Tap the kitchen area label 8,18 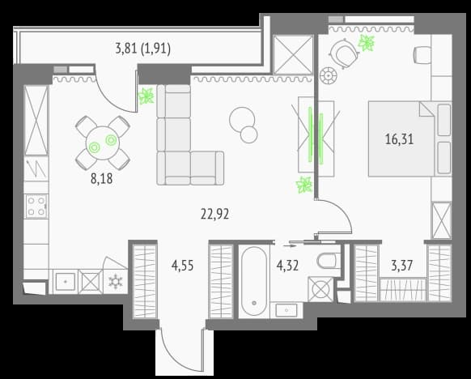(101, 178)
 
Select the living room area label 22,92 (214, 215)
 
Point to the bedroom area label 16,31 (399, 139)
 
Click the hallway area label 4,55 (182, 266)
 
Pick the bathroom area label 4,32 (287, 266)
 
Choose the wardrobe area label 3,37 (402, 266)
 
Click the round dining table (103, 143)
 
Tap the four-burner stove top (36, 206)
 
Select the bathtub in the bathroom (254, 281)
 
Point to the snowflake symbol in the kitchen (116, 282)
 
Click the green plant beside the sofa (146, 96)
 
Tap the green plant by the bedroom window (367, 43)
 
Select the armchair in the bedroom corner (344, 54)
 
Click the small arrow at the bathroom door (290, 245)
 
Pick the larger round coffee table (242, 120)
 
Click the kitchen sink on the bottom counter (66, 281)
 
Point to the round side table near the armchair (329, 75)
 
